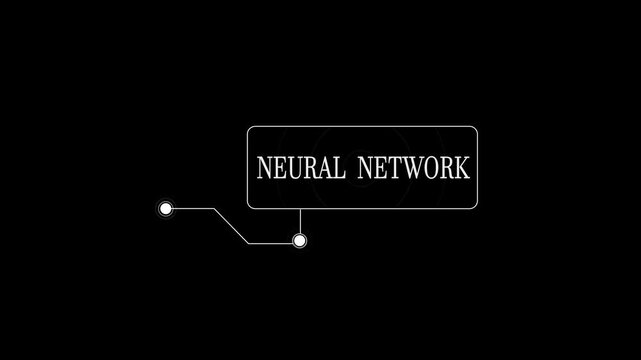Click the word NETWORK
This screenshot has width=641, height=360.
coord(411,168)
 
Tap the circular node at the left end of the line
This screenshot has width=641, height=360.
coord(166,209)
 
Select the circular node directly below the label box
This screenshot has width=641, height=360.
coord(299,241)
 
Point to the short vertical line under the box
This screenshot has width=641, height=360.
coord(300,221)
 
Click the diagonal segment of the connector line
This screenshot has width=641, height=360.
coord(230,225)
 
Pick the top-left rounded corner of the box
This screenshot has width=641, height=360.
coord(251,130)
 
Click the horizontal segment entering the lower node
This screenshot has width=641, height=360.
coord(270,242)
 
